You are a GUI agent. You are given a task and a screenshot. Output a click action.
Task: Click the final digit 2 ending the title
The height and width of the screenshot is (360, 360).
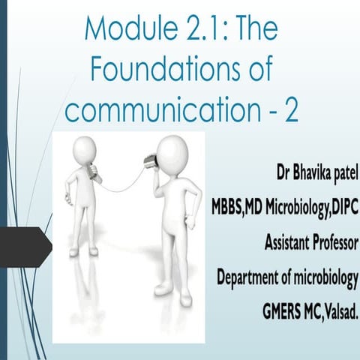click(289, 110)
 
